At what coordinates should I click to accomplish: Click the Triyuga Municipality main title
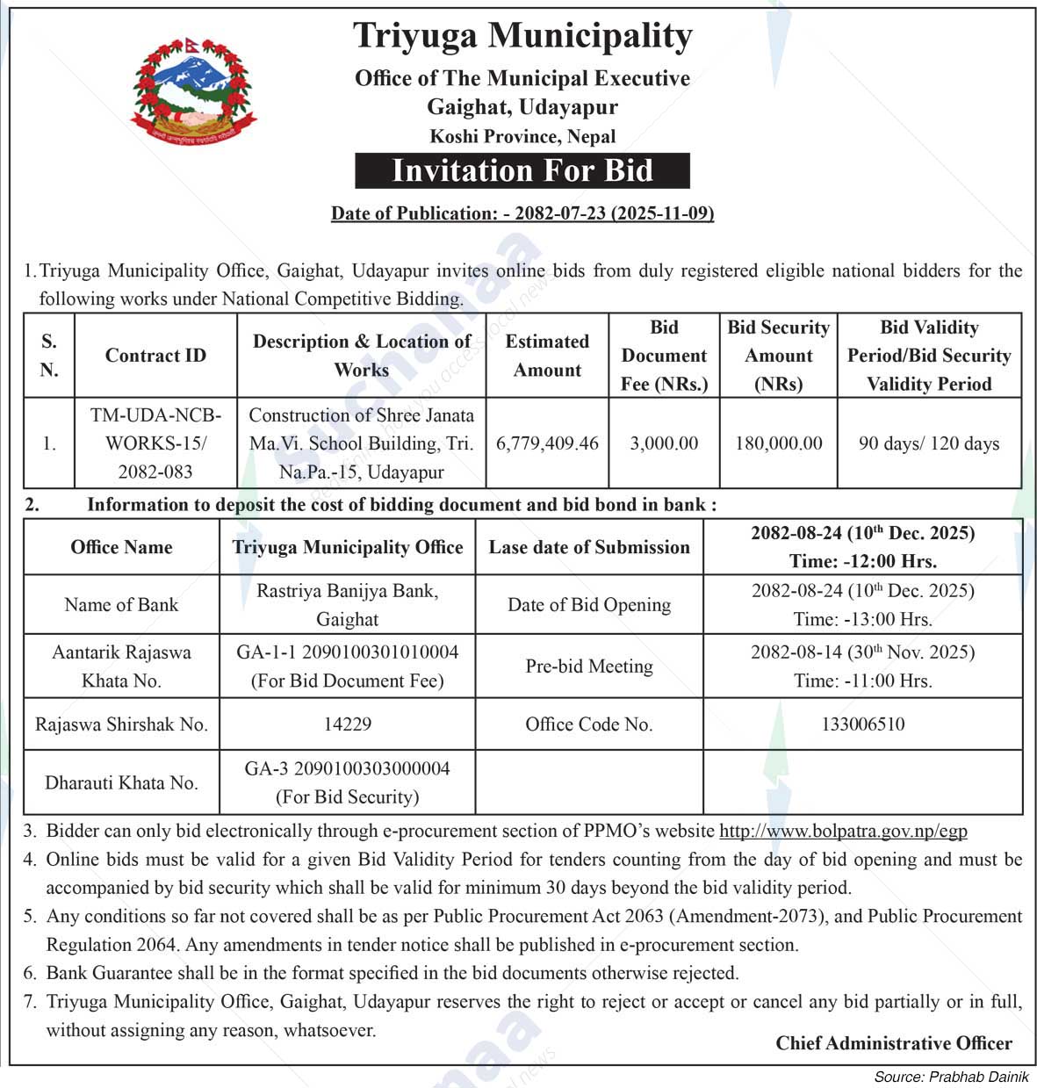click(522, 36)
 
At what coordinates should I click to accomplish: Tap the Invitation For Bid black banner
click(522, 170)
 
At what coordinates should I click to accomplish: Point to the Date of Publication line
click(522, 213)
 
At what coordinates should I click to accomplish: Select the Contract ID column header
click(155, 356)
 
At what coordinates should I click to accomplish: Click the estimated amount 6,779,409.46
click(547, 443)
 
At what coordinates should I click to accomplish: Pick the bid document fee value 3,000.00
click(664, 443)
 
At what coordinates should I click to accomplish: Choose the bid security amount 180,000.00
click(779, 443)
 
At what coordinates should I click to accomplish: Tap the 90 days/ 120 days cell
click(929, 443)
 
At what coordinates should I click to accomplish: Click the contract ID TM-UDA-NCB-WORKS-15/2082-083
click(155, 443)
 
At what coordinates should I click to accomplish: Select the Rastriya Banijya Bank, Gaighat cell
click(347, 605)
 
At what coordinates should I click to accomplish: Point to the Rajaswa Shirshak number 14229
click(347, 724)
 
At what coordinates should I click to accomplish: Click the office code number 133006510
click(862, 724)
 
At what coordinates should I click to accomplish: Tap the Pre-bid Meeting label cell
click(589, 666)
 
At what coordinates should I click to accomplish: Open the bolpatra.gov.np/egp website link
click(843, 831)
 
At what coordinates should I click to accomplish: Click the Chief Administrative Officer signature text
click(893, 1043)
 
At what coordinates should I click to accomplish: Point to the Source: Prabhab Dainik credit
click(951, 1077)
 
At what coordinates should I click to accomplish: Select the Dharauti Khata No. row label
click(121, 782)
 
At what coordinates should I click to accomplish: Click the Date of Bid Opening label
click(589, 605)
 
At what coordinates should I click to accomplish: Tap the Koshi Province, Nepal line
click(522, 137)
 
